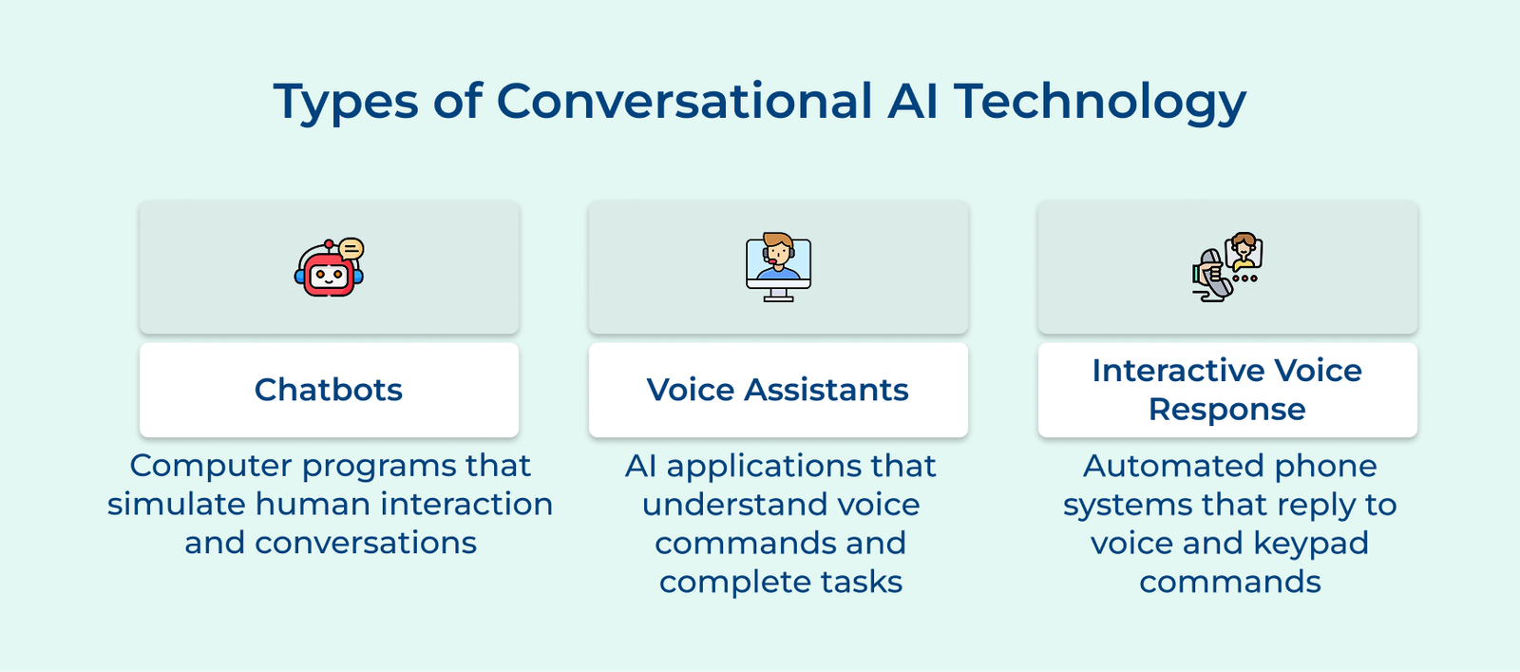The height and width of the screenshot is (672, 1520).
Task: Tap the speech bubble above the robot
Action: pos(351,249)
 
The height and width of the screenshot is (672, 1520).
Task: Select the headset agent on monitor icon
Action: pos(778,267)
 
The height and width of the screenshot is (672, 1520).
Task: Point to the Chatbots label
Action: pos(329,390)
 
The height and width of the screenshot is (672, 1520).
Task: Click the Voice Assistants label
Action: pos(778,390)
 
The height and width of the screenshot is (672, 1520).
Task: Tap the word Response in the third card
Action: pos(1226,410)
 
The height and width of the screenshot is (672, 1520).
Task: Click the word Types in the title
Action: pos(346,103)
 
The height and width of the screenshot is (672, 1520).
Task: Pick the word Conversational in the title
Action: pos(684,101)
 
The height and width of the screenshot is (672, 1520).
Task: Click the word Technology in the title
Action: pos(1101,103)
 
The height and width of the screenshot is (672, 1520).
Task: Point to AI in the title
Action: pos(913,101)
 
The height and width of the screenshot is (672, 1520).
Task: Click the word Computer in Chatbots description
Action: pos(210,467)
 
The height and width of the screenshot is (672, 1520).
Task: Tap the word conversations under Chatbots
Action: pos(366,543)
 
